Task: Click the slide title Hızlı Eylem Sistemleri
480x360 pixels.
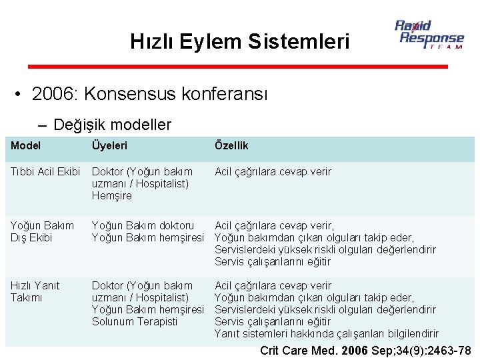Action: click(240, 42)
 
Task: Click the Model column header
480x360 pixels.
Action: click(26, 145)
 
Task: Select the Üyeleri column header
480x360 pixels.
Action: click(109, 145)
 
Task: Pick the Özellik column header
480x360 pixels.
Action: click(231, 145)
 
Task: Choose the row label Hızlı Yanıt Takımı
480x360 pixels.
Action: click(35, 291)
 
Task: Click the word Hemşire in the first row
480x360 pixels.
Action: click(112, 196)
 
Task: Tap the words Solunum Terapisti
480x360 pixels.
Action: click(135, 321)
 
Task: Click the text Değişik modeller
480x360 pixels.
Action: click(112, 125)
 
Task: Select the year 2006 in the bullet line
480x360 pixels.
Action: click(53, 94)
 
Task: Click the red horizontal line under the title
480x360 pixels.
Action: click(237, 66)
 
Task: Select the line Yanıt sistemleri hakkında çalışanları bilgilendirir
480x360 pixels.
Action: click(327, 333)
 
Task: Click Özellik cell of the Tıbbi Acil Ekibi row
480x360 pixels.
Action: click(273, 172)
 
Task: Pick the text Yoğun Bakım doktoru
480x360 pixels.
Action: click(143, 225)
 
